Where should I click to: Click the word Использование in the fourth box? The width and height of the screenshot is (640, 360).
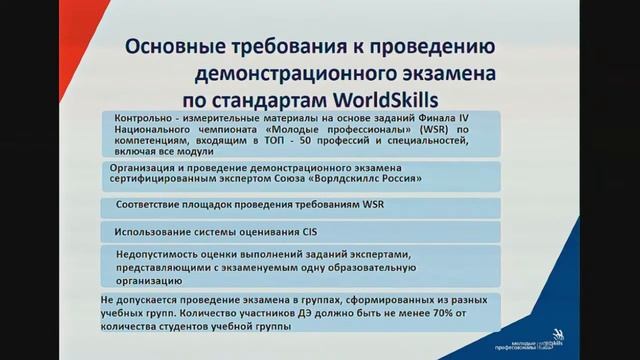point(155,232)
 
